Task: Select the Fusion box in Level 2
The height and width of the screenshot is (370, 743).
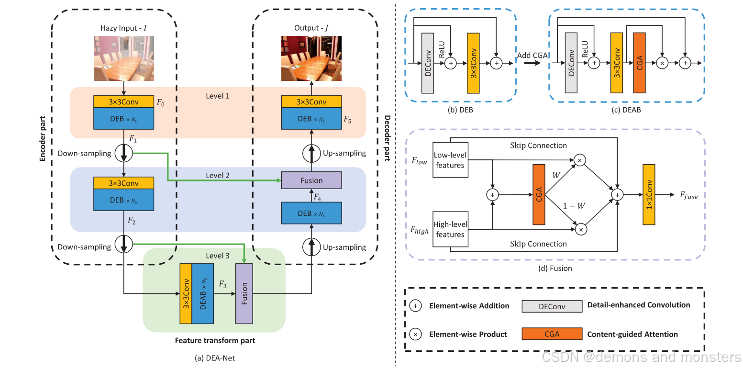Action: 311,180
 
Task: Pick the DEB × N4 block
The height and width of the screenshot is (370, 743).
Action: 311,213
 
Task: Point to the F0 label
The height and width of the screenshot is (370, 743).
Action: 161,102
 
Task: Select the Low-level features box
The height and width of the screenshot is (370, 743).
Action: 450,160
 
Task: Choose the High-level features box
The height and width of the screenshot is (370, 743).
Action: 450,229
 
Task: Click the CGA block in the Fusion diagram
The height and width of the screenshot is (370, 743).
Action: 539,194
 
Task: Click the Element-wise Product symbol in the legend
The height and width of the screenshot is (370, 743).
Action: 416,334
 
